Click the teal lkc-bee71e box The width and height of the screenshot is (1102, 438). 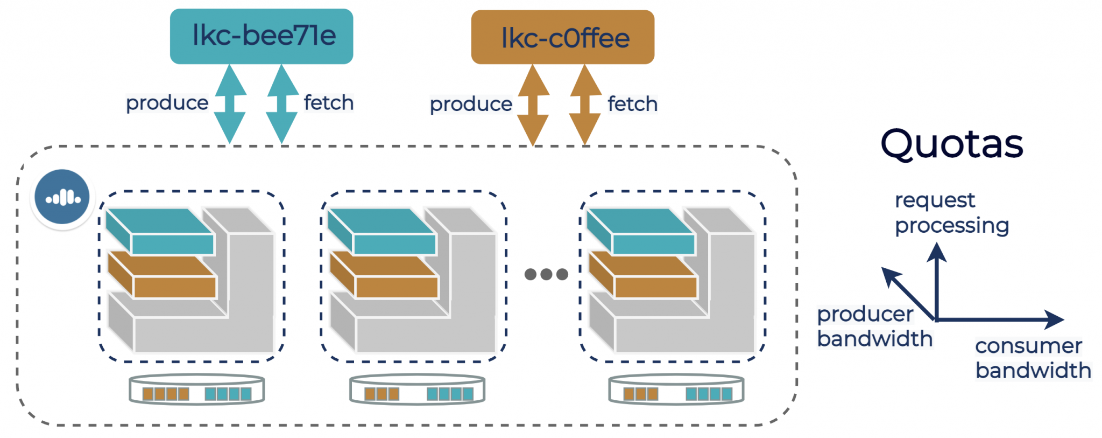262,36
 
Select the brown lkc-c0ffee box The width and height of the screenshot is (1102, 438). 562,37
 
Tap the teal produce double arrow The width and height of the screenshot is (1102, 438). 230,104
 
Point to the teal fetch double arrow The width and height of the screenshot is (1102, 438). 282,104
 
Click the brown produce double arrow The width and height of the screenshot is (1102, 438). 533,105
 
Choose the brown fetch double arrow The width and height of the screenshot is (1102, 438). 585,105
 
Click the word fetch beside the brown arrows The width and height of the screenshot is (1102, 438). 632,104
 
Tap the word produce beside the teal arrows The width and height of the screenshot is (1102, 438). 167,103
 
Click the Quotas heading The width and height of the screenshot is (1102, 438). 951,144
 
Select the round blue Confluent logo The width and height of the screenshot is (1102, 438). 62,197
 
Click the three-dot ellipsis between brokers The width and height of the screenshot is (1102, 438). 546,274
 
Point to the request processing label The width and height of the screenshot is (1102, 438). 951,213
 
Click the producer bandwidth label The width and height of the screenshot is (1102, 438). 874,326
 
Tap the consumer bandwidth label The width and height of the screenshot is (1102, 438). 1033,358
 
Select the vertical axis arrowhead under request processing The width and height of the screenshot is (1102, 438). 937,252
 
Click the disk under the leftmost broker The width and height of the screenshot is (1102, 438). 197,390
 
